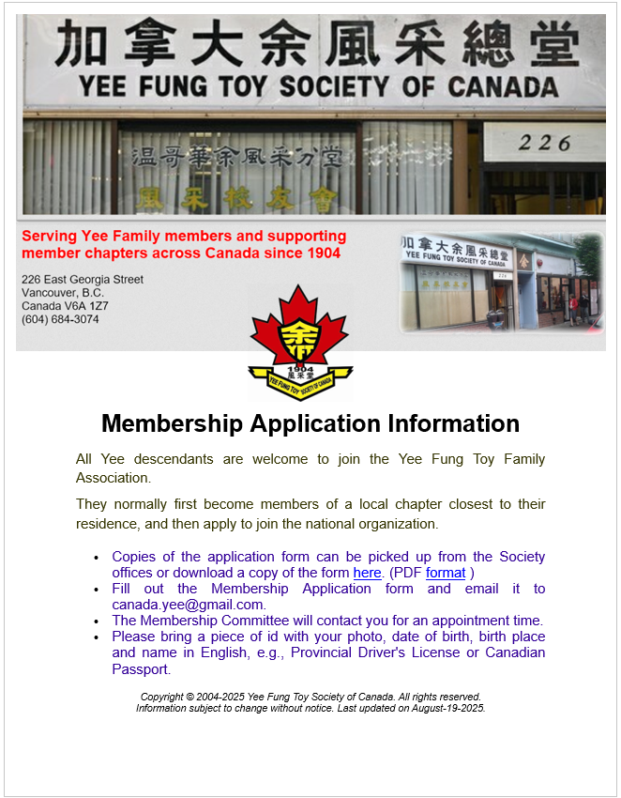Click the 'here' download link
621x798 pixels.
pos(367,573)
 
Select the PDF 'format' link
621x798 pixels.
pos(446,573)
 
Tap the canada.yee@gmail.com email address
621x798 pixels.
pos(188,605)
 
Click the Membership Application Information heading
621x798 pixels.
pos(310,423)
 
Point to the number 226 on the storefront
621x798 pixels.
pos(544,143)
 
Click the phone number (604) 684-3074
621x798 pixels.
pos(60,319)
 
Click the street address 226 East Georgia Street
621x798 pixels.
pos(83,280)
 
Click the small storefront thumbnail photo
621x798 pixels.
pos(501,283)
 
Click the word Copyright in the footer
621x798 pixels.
pos(161,697)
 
